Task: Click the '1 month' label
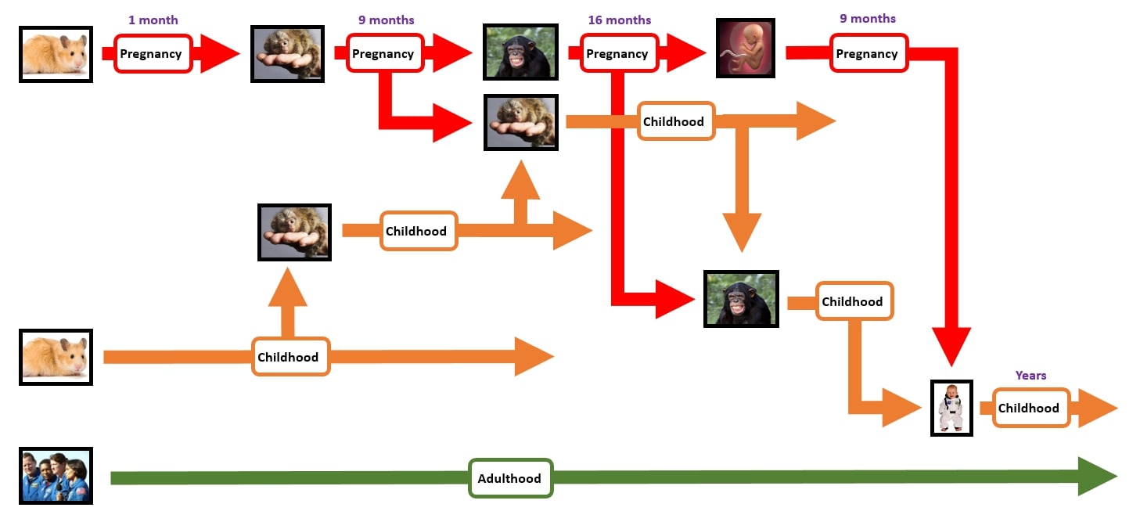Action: tap(153, 20)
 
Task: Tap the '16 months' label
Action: tap(619, 20)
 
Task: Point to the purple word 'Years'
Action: tap(1030, 376)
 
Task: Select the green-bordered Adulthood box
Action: tap(510, 478)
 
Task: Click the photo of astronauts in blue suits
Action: tap(56, 476)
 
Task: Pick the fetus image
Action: tap(745, 49)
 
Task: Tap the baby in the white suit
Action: tap(951, 408)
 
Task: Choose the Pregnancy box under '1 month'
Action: tap(153, 54)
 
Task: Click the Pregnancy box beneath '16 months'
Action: tap(618, 54)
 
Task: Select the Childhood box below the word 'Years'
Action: tap(1030, 408)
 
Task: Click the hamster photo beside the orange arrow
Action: tap(56, 357)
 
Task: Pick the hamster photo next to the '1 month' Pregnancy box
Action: tap(56, 54)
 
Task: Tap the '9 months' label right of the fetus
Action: tap(868, 19)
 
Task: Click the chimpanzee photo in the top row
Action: tap(521, 53)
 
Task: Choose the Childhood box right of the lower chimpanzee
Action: tap(854, 301)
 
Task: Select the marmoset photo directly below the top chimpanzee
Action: tap(521, 122)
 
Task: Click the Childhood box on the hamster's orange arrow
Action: tap(289, 357)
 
